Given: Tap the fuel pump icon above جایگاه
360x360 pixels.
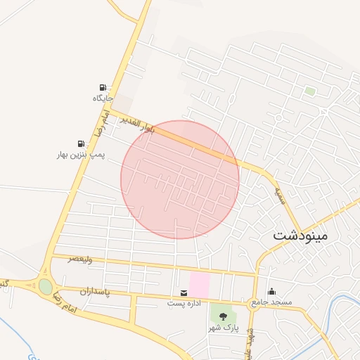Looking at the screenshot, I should (x=103, y=87).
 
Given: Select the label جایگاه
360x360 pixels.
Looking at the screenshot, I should (x=103, y=98).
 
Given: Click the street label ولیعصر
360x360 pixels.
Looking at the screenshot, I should (x=81, y=259).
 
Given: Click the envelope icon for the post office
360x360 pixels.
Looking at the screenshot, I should (x=184, y=292).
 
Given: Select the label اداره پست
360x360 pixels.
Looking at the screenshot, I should (x=184, y=304).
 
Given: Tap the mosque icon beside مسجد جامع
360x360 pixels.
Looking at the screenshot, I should (x=272, y=292).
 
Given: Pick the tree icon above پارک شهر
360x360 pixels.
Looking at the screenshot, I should (x=224, y=317).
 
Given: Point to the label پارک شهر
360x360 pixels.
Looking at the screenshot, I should (x=224, y=328).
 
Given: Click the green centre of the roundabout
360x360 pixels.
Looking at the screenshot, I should (x=46, y=287).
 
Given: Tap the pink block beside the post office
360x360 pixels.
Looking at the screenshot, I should (x=200, y=285).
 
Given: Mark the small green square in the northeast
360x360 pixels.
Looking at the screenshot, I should (x=310, y=91).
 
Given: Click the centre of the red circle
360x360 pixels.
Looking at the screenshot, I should (x=180, y=179).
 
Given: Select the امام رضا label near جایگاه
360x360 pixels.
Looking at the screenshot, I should (x=103, y=122).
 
